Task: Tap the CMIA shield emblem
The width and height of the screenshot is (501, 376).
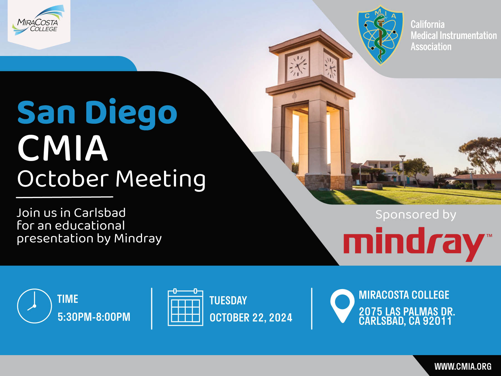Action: click(380, 35)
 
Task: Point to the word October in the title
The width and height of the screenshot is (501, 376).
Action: click(63, 179)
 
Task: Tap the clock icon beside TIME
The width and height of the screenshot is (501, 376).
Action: click(35, 306)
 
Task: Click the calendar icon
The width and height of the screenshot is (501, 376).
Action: click(185, 307)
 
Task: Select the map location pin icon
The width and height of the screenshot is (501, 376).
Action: click(342, 306)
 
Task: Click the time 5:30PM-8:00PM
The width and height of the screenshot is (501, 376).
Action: click(94, 317)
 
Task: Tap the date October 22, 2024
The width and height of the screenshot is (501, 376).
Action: click(251, 318)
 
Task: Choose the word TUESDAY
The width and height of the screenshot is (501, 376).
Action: click(228, 301)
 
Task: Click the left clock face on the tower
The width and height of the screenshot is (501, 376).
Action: click(298, 65)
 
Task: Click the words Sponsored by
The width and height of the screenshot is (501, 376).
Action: click(416, 215)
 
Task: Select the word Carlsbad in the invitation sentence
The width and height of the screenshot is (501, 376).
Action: click(100, 213)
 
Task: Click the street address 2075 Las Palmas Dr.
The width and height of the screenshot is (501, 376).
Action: click(407, 311)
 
